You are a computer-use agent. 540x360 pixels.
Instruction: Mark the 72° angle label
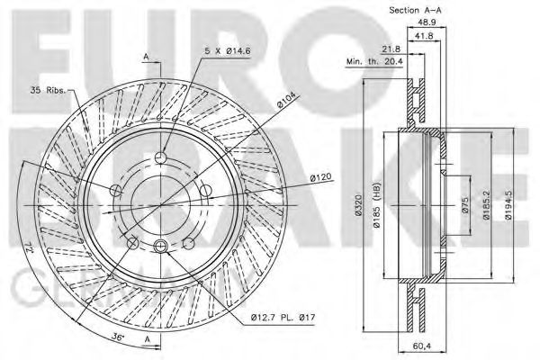(25, 247)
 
